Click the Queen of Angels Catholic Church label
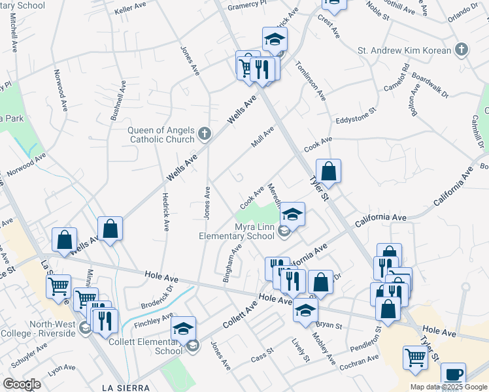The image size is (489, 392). click(161, 134)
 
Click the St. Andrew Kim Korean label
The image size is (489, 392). click(404, 50)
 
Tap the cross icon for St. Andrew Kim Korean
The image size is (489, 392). click(462, 50)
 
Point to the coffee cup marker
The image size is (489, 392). click(453, 375)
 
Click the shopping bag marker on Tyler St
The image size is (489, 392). click(329, 172)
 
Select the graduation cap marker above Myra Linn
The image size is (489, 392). click(294, 214)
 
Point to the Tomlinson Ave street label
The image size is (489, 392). click(311, 81)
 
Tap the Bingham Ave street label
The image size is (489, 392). click(234, 260)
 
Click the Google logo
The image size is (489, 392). click(22, 384)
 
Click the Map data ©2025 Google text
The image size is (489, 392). click(448, 387)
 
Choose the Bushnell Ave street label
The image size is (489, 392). click(120, 99)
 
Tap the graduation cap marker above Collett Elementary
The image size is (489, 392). click(184, 328)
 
